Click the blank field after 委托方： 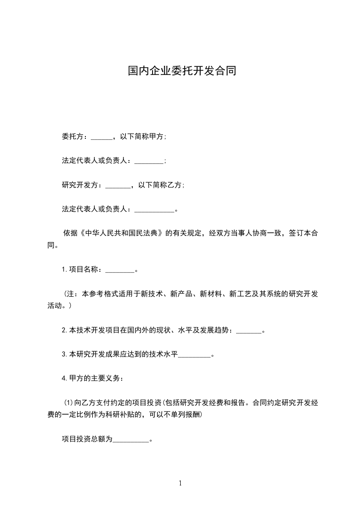coord(101,136)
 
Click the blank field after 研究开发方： coord(118,185)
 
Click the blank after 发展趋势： coord(249,331)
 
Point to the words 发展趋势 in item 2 coord(218,331)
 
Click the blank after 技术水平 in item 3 coord(195,355)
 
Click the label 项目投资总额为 coord(87,439)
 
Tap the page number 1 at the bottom coord(180,483)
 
